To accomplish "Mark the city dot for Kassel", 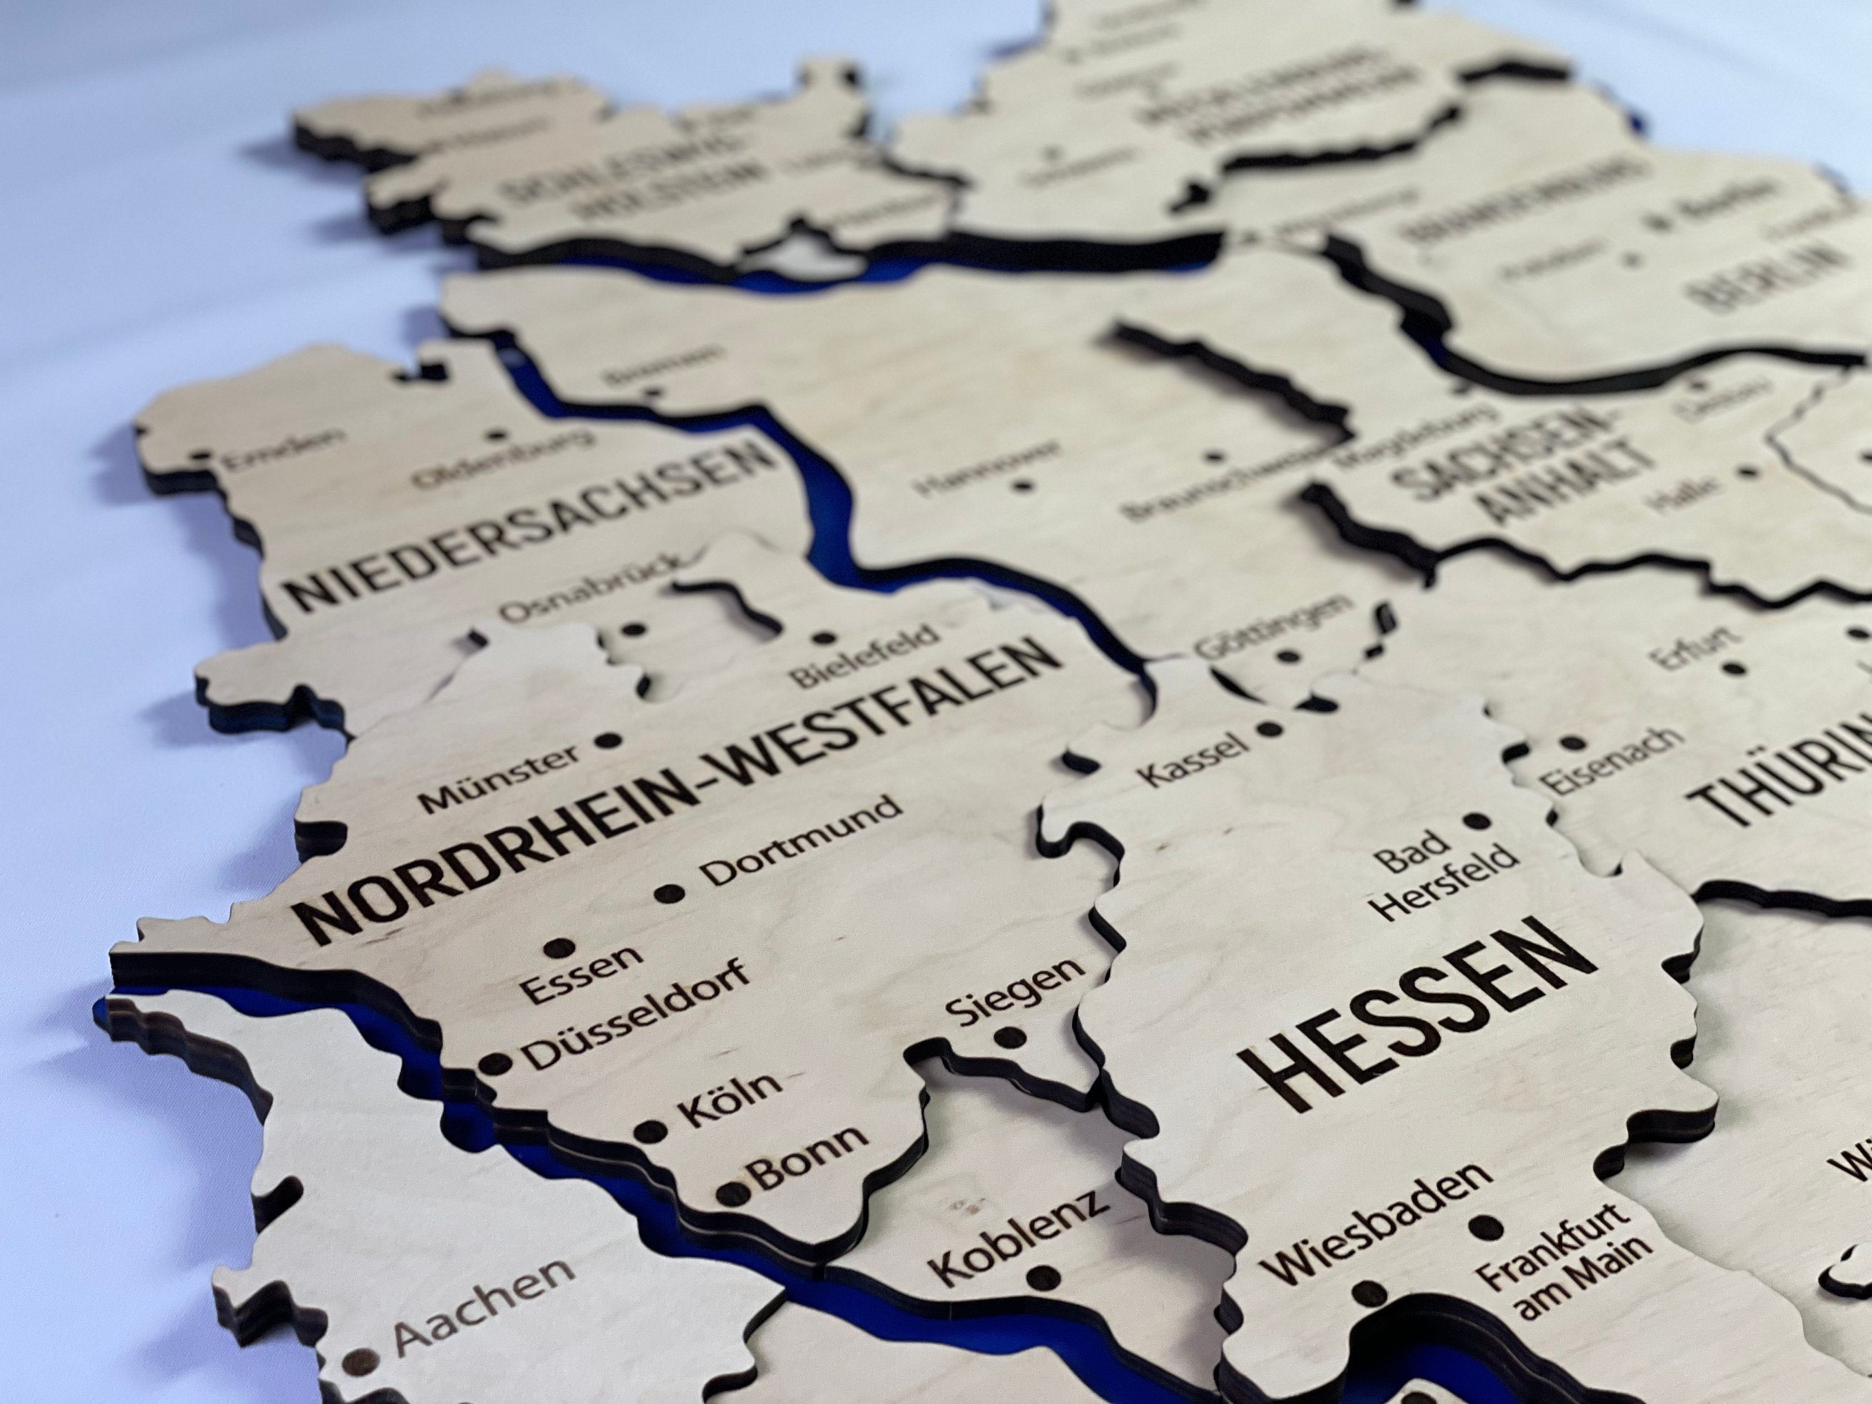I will pyautogui.click(x=1267, y=728).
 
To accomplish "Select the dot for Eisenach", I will pyautogui.click(x=1572, y=744).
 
